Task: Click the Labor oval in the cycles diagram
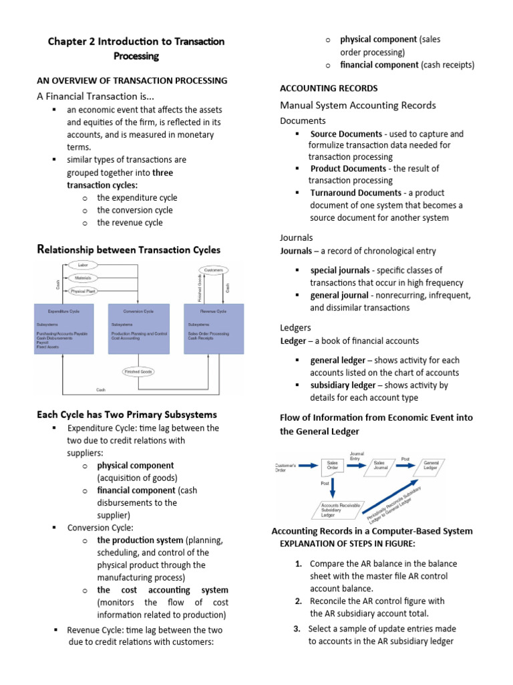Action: click(83, 266)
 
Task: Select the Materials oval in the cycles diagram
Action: click(83, 278)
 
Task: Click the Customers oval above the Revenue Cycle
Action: click(214, 270)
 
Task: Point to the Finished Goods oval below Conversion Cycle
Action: click(138, 371)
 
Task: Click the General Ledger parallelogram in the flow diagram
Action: click(431, 466)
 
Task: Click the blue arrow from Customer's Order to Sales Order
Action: click(308, 465)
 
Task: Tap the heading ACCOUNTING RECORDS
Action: click(329, 88)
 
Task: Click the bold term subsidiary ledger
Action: click(343, 385)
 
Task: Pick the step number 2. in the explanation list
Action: click(299, 601)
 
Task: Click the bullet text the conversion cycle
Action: click(134, 210)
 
